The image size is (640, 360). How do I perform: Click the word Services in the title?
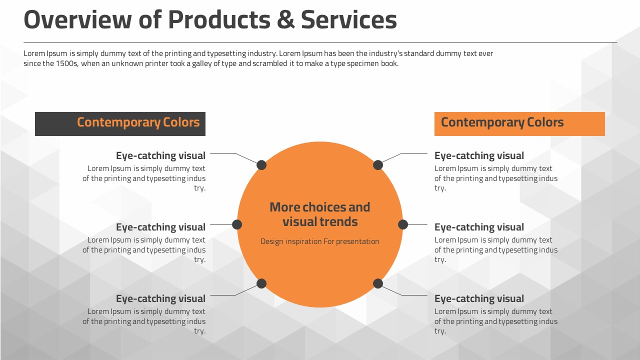[x=348, y=20]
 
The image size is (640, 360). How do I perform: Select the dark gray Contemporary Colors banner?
[x=120, y=123]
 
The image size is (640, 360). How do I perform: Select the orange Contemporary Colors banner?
[x=519, y=123]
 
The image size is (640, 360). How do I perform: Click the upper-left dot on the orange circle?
[x=261, y=165]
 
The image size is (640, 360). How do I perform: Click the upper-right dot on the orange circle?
[x=378, y=165]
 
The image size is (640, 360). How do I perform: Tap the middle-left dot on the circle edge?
[x=237, y=224]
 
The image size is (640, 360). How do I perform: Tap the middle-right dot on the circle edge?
[x=403, y=224]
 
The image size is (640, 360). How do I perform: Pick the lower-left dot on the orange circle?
[x=261, y=283]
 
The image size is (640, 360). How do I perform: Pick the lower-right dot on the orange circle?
[x=378, y=283]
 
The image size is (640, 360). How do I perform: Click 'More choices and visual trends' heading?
[x=320, y=214]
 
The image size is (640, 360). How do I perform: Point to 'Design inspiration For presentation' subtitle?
[x=320, y=241]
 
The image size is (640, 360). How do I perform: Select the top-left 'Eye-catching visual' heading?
[x=160, y=155]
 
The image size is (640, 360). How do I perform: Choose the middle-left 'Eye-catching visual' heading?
[x=160, y=227]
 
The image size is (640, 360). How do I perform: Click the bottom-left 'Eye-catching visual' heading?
[x=160, y=298]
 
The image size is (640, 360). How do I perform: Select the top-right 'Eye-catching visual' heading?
[x=479, y=155]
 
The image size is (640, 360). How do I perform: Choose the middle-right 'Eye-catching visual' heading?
[x=479, y=227]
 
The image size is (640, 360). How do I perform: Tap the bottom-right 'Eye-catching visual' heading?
[x=479, y=298]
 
